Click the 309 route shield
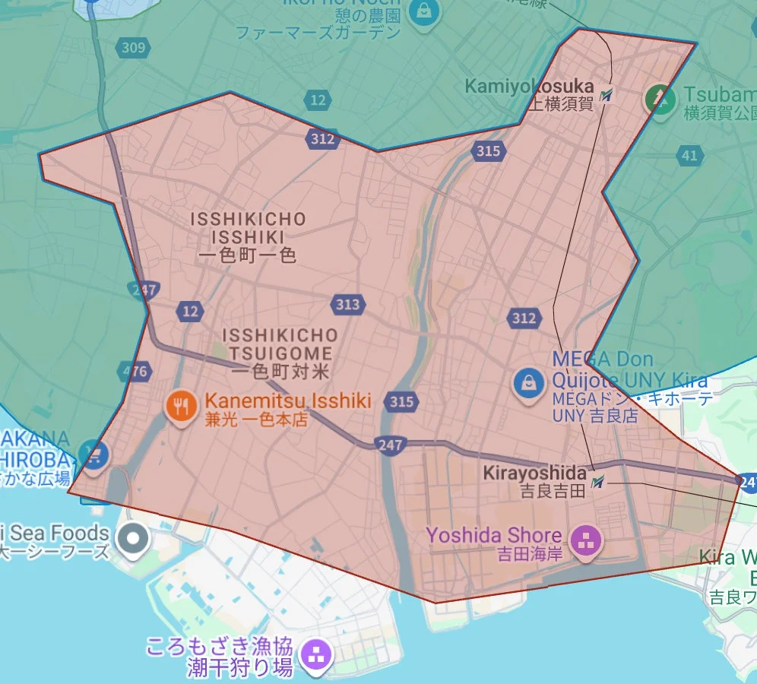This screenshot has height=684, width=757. pos(133,48)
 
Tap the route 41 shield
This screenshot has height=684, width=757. pos(689,157)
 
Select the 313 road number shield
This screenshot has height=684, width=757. pos(347,305)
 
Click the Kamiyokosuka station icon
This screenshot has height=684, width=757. pos(606,96)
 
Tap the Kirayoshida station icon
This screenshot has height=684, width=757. pos(599,481)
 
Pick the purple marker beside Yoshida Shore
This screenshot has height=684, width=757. pos(586,542)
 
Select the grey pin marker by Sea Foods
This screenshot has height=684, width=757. pos(134,539)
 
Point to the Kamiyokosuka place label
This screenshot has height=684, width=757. pos(529,87)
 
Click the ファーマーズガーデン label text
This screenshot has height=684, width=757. pos(318,33)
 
